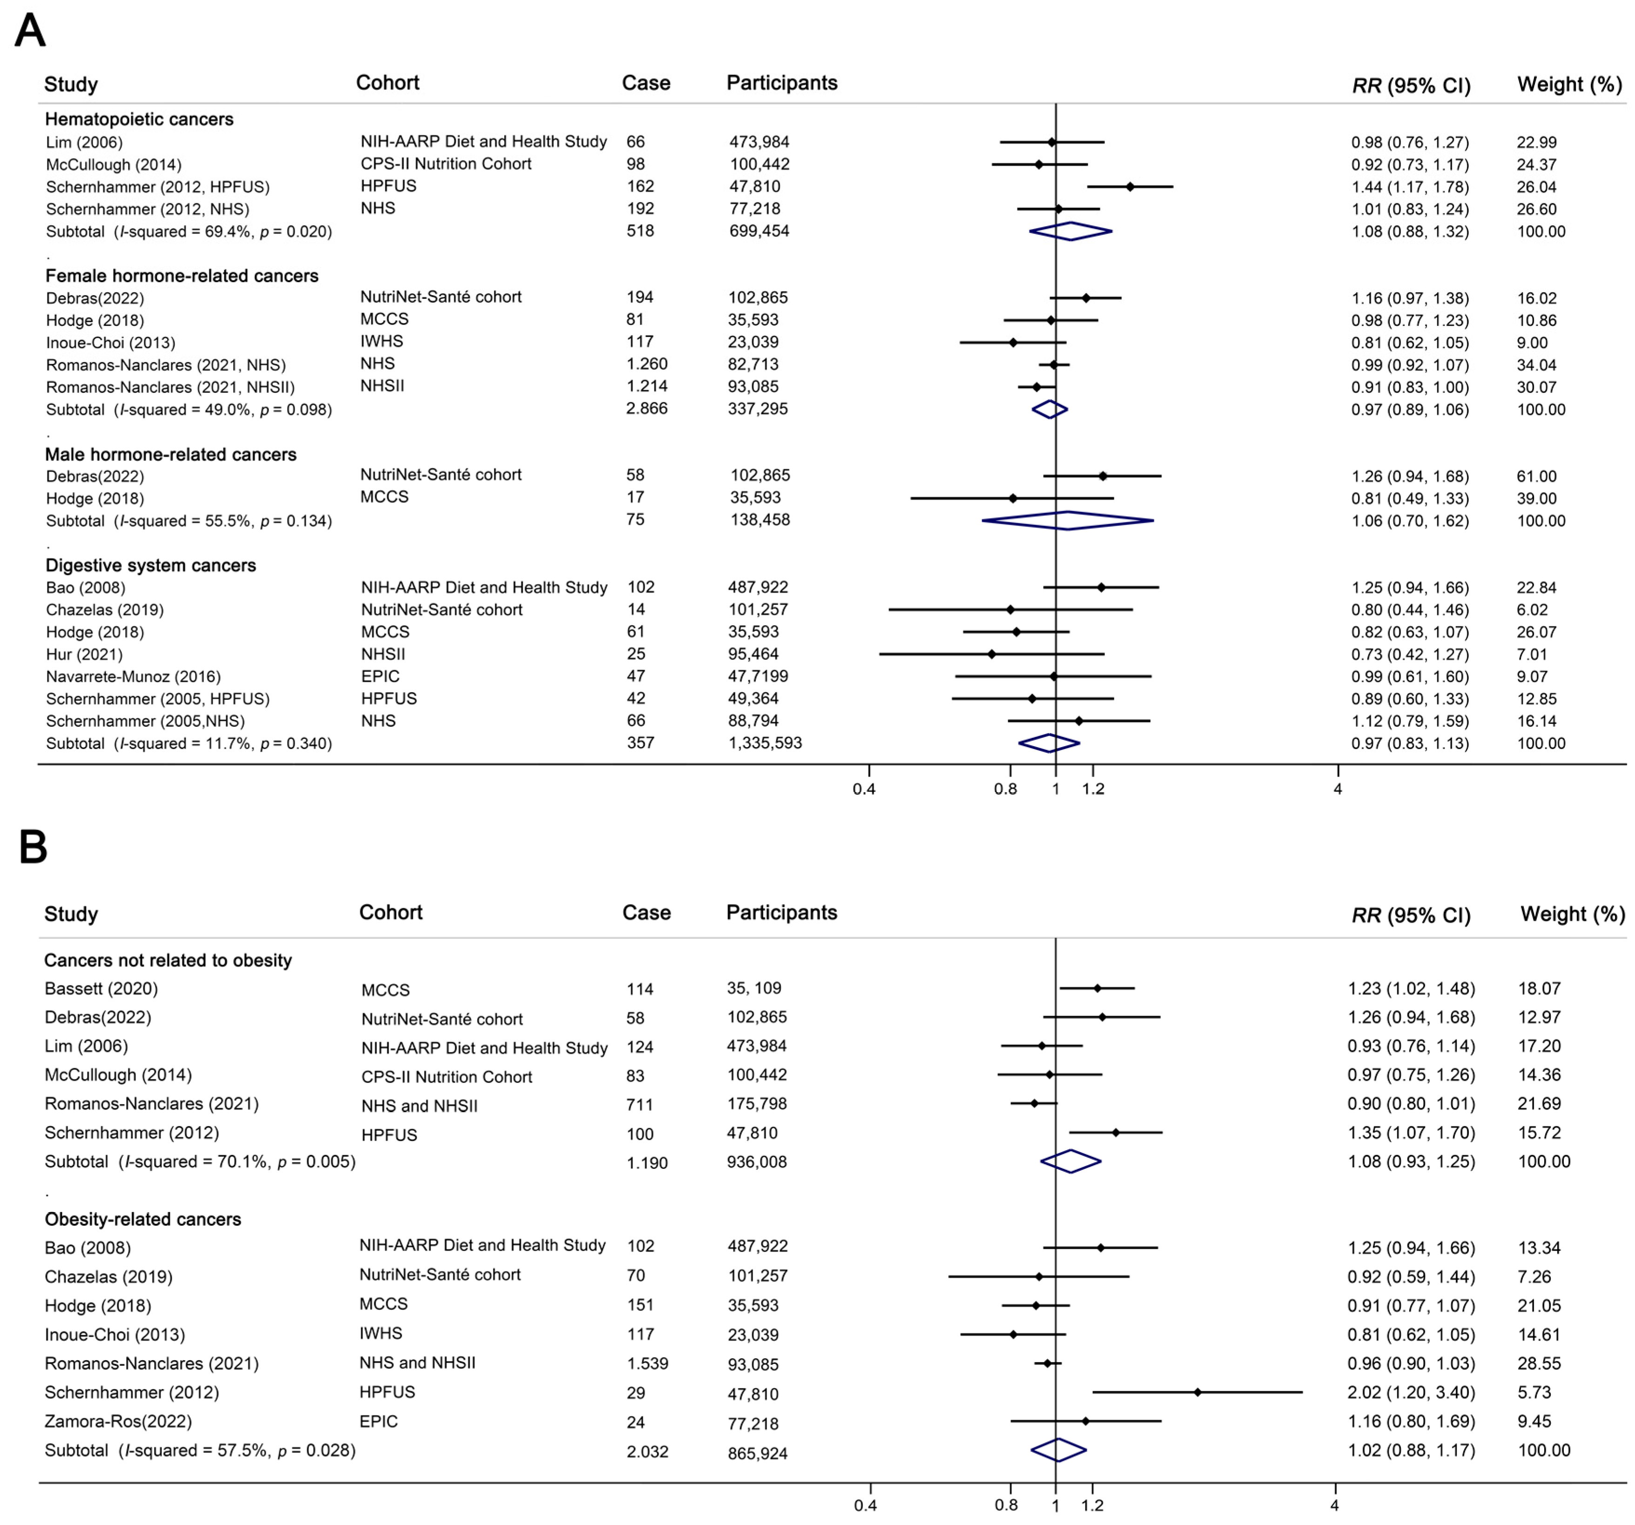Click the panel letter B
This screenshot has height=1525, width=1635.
[x=33, y=847]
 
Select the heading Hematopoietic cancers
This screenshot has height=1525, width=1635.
[x=139, y=119]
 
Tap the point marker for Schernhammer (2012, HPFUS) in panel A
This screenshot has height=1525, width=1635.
[x=1130, y=187]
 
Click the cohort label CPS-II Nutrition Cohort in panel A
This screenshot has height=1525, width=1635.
[x=446, y=164]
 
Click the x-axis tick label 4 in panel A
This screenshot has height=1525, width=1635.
[x=1337, y=789]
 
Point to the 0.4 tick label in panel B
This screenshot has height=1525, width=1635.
[x=865, y=1505]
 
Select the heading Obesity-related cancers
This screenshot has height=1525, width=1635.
[x=143, y=1219]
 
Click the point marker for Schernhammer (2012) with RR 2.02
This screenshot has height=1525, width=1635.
[x=1198, y=1393]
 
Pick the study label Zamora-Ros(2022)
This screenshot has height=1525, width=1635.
[x=118, y=1421]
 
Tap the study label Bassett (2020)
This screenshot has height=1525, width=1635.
[x=101, y=989]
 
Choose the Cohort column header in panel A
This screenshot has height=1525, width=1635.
[x=387, y=83]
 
